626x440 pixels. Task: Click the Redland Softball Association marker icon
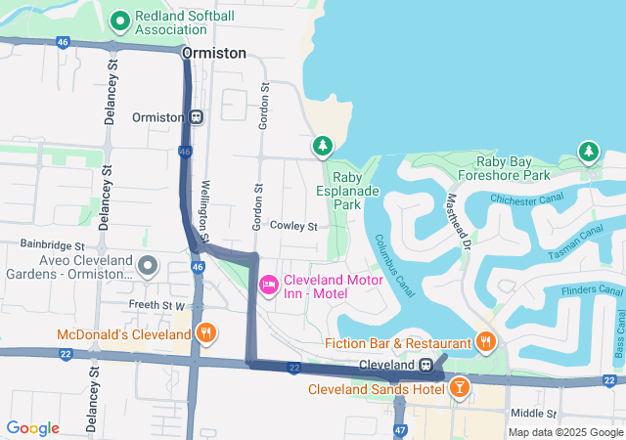[x=121, y=20]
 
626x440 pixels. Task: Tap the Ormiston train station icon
[x=197, y=117]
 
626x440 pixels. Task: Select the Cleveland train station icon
[x=426, y=365]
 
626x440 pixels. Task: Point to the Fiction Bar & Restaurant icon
[x=485, y=341]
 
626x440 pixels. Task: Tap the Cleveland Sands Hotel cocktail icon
[x=460, y=389]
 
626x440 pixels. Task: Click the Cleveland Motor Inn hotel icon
[x=268, y=284]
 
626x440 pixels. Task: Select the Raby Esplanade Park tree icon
[x=322, y=146]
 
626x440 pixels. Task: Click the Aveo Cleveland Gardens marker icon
[x=148, y=265]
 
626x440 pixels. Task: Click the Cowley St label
[x=294, y=226]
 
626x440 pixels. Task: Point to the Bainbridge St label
[x=53, y=244]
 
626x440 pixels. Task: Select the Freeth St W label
[x=157, y=306]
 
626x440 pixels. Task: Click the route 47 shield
[x=400, y=430]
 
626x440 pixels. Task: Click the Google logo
[x=32, y=428]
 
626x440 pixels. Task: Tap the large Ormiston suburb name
[x=214, y=53]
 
